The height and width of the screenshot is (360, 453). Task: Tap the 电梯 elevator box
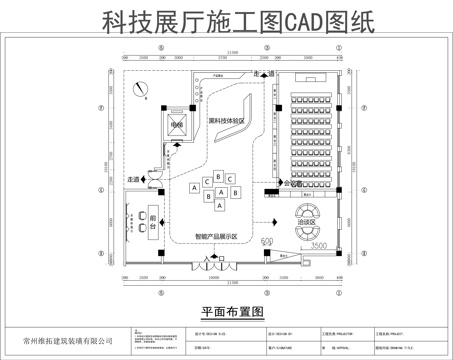[177, 125]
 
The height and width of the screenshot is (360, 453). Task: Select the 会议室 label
[293, 185]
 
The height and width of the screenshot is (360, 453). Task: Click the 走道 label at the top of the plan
[265, 74]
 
